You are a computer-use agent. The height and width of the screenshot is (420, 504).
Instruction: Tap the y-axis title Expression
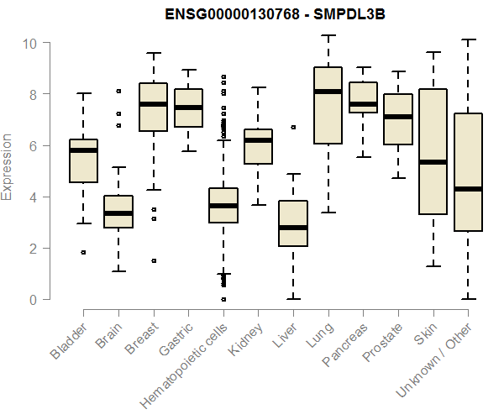[x=8, y=167]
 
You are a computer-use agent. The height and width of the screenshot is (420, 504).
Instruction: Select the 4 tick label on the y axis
[x=33, y=197]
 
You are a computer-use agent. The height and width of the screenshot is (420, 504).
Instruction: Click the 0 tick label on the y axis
[x=33, y=300]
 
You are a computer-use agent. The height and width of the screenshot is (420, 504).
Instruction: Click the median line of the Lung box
[x=327, y=91]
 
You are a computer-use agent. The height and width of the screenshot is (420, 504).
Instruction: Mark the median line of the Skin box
[x=433, y=162]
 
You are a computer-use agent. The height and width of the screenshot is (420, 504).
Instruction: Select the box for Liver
[x=292, y=223]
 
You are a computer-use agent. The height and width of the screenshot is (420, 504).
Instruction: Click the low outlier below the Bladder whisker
[x=83, y=252]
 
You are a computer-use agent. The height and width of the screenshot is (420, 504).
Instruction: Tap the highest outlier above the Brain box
[x=118, y=91]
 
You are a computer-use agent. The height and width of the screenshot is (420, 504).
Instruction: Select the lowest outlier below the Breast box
[x=153, y=260]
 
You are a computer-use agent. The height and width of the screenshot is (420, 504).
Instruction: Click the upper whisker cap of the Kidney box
[x=258, y=87]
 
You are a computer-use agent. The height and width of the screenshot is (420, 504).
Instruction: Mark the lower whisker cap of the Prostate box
[x=398, y=178]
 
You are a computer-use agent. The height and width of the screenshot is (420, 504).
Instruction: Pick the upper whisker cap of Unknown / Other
[x=468, y=39]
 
